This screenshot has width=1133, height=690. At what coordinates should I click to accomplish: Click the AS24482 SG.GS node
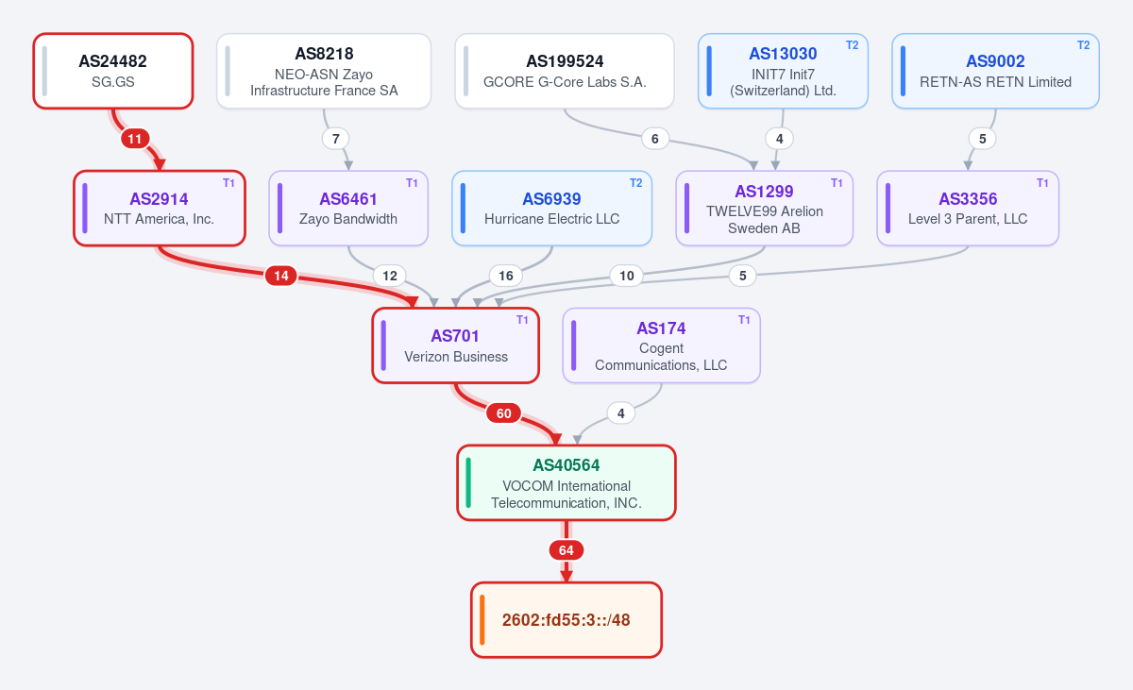(x=113, y=71)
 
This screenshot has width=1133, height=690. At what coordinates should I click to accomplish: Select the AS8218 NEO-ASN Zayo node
(x=324, y=71)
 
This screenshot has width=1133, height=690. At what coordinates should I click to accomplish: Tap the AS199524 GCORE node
(x=565, y=71)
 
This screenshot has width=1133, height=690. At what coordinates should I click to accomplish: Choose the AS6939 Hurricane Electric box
(x=551, y=209)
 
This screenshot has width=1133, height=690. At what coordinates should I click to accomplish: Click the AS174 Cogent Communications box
(x=662, y=345)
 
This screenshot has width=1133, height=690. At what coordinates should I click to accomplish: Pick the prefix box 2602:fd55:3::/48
(x=566, y=620)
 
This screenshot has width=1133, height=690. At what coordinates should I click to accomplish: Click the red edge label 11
(x=135, y=139)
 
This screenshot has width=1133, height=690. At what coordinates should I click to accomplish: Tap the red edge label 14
(x=281, y=276)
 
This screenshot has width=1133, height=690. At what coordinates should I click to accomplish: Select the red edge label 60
(x=504, y=413)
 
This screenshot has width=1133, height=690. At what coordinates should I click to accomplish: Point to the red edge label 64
(x=566, y=550)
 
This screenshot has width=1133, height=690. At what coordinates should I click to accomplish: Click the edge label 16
(x=506, y=276)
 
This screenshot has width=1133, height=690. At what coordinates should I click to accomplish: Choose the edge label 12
(x=389, y=276)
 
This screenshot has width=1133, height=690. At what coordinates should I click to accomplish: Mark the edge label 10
(x=627, y=276)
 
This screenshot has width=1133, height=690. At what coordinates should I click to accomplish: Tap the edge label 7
(x=336, y=139)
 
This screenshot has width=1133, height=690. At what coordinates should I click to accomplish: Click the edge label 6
(x=655, y=139)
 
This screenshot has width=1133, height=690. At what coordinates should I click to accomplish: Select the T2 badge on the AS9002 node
(x=1084, y=45)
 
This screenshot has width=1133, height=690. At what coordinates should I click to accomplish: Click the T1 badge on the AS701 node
(x=522, y=320)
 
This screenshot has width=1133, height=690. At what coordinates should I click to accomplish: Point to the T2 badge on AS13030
(x=853, y=45)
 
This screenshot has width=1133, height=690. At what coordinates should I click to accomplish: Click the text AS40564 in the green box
(x=566, y=465)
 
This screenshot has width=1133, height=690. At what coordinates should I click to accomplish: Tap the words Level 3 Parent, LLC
(x=968, y=219)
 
